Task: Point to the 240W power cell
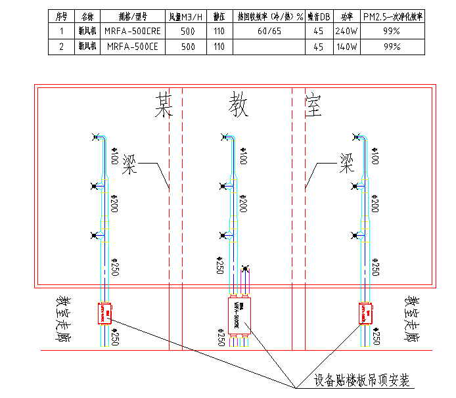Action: (346, 31)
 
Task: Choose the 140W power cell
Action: (346, 47)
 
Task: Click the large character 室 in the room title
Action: (314, 104)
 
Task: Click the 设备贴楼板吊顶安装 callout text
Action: (361, 380)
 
